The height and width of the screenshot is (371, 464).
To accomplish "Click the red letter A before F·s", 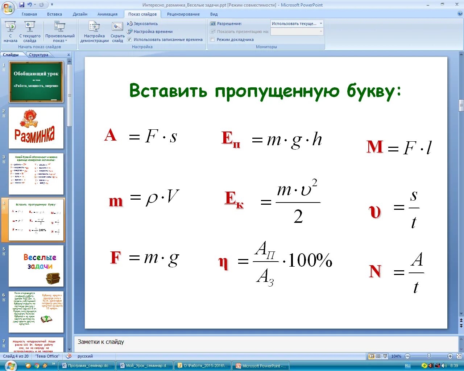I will click(111, 136).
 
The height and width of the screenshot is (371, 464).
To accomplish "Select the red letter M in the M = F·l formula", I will click(375, 147).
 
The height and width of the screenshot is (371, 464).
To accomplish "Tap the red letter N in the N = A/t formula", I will click(375, 271).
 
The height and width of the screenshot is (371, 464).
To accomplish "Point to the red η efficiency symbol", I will click(223, 262).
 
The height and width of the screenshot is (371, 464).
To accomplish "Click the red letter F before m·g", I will click(115, 258).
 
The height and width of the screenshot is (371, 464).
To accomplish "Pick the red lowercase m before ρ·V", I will click(116, 201).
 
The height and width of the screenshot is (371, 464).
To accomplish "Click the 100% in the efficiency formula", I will click(310, 260).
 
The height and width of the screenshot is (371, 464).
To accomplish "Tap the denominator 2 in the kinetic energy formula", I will click(298, 217).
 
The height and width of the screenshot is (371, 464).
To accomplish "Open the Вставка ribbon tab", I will click(54, 14).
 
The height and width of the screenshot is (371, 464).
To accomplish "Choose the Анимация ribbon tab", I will click(107, 14).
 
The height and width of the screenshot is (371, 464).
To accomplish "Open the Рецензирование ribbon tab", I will click(183, 14).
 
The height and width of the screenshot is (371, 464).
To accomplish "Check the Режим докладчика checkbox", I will click(213, 39).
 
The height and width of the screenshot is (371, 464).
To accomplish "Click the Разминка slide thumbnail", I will click(36, 128).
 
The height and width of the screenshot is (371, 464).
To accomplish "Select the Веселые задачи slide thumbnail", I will click(36, 266).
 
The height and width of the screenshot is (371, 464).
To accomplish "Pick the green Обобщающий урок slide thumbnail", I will click(36, 82).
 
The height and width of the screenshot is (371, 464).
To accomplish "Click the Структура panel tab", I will click(39, 55).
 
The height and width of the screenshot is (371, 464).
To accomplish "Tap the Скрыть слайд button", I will click(117, 33).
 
